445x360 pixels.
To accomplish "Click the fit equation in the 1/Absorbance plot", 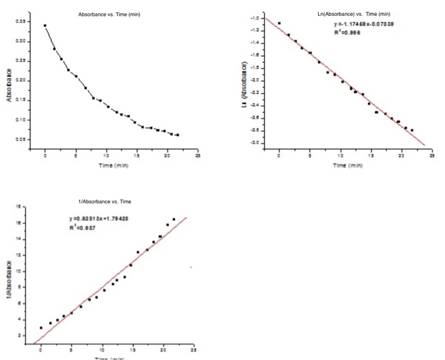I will point(99,219).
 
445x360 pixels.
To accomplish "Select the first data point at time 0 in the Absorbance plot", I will point(45,26).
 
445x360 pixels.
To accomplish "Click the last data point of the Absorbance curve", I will point(177,135).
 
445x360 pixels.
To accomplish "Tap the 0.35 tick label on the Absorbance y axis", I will point(20,22).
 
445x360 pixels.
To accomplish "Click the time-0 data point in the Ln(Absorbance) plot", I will point(279,24).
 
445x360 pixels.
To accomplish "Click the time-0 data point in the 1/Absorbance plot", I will point(41,328).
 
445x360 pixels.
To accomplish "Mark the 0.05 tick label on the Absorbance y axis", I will point(20,139).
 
